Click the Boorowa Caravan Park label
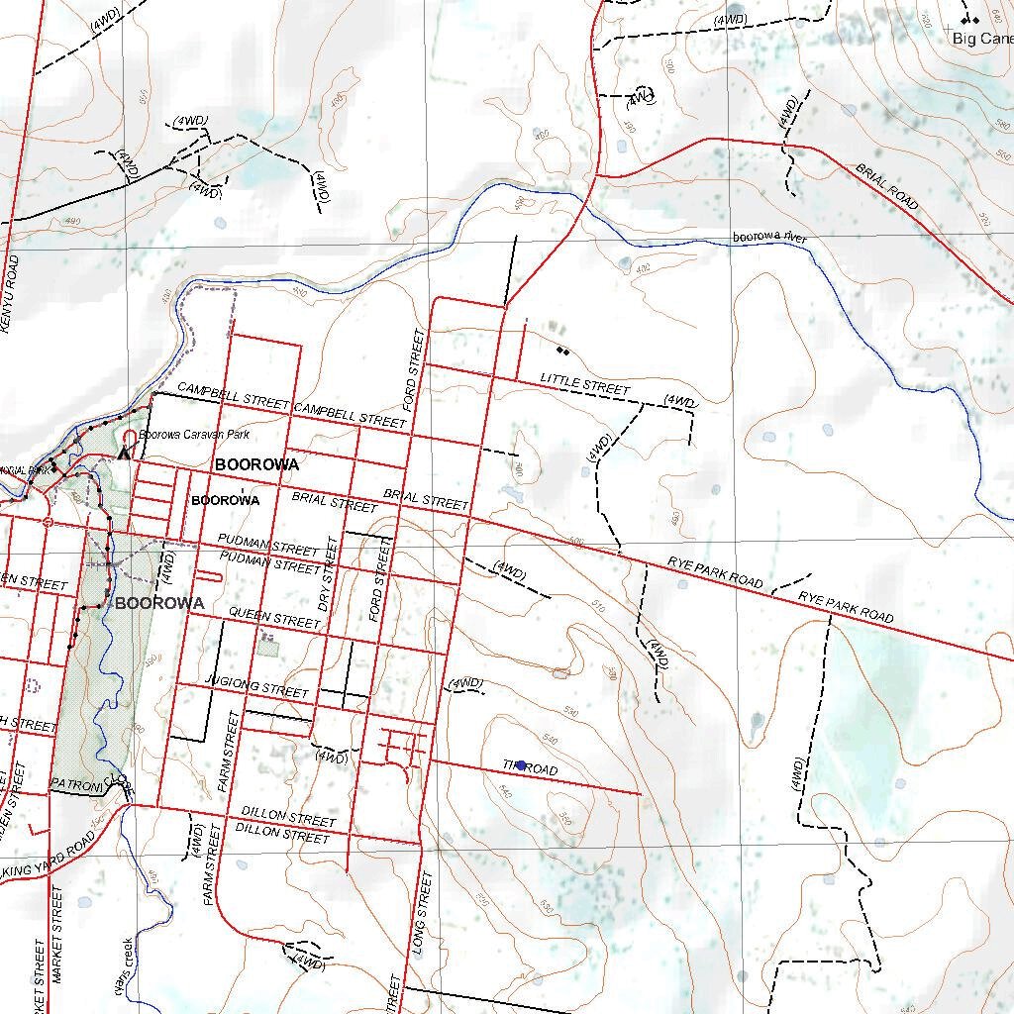[194, 435]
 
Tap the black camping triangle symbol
[123, 454]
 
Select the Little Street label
[584, 384]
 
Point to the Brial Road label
[887, 186]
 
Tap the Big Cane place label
[982, 39]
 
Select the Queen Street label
[274, 618]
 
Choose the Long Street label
[422, 911]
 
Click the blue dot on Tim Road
[521, 765]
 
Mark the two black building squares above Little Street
[562, 350]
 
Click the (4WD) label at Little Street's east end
[680, 401]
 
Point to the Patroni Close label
[89, 783]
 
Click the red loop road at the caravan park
[129, 436]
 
